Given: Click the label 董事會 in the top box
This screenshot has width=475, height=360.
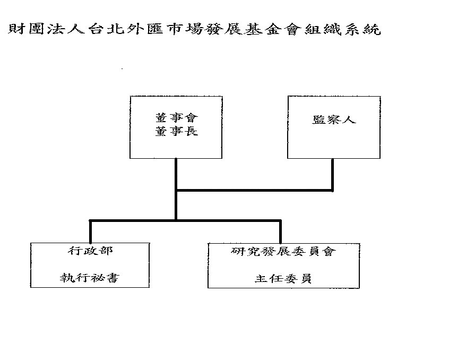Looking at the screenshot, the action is (x=177, y=117).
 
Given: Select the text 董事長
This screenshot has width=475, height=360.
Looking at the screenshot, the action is (x=177, y=131).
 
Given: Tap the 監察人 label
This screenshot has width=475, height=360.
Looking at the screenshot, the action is (x=334, y=119).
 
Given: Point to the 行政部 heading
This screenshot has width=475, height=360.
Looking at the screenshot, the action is (x=90, y=251).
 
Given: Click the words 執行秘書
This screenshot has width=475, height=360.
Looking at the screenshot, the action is (x=90, y=278).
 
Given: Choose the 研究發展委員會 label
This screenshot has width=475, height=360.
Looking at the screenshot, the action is (x=283, y=251).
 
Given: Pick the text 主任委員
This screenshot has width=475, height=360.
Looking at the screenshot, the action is (x=283, y=278).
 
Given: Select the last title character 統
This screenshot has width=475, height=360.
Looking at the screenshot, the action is (x=372, y=29).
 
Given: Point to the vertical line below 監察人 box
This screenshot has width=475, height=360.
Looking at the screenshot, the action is (x=333, y=175).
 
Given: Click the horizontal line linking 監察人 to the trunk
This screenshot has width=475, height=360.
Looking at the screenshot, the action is (x=254, y=190).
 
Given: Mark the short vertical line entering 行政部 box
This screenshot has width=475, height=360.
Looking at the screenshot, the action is (x=90, y=232).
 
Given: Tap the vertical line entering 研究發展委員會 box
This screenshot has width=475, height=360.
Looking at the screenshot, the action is (x=281, y=232).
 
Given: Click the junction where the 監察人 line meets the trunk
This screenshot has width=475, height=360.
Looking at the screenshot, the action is (x=176, y=190).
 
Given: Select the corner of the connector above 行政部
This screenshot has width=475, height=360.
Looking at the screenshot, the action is (x=90, y=220).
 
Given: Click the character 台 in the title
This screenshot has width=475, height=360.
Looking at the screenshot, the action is (x=96, y=29).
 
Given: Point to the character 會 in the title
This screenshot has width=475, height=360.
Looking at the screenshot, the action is (x=292, y=29).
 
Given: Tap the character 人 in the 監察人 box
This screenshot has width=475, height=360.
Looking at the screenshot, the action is (x=349, y=119).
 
